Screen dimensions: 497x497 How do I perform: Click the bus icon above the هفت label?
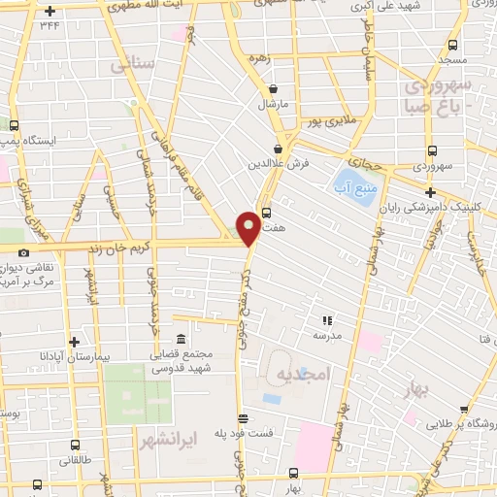(x=267, y=214)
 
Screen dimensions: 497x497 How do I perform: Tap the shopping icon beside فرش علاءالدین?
(x=279, y=149)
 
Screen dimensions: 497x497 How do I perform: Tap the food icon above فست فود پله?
(x=243, y=418)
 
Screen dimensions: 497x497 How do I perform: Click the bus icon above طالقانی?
(x=75, y=447)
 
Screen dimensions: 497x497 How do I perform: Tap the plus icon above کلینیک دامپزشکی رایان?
(x=429, y=193)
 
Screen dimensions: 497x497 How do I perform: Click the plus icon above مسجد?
(x=454, y=44)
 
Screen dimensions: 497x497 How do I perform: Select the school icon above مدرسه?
(x=327, y=319)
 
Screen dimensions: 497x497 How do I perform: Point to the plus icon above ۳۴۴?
(x=50, y=12)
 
